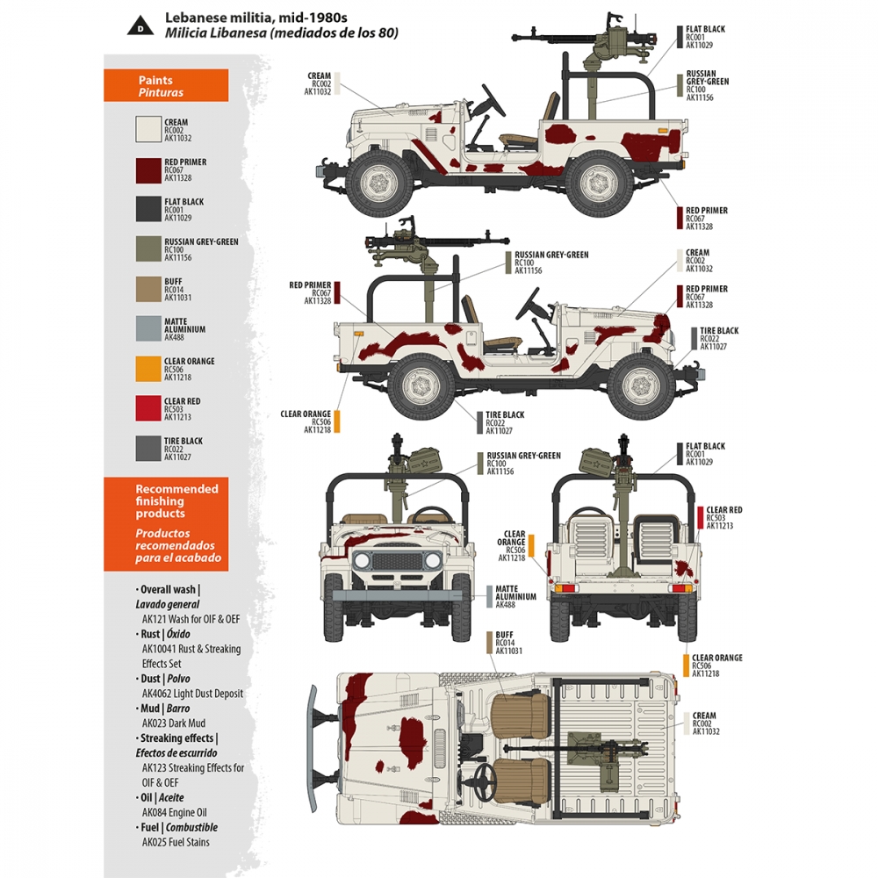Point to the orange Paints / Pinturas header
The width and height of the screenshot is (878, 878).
coord(166,86)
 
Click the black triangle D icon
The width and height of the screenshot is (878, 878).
coord(140,27)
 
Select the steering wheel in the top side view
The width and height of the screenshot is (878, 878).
coord(489,104)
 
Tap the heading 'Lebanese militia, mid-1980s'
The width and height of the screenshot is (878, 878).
coord(256,17)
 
